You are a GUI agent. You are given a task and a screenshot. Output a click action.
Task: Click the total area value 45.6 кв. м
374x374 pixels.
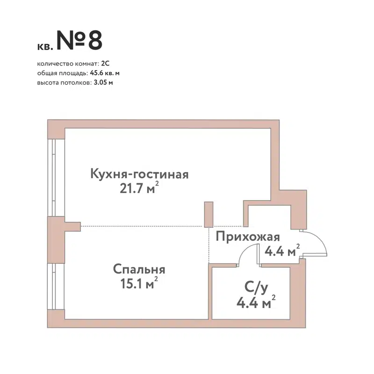pyautogui.click(x=106, y=73)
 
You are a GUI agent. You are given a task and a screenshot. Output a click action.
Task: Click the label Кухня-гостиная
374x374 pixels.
pyautogui.click(x=139, y=175)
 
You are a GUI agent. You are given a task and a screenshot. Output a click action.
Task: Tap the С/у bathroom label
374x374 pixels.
pyautogui.click(x=256, y=287)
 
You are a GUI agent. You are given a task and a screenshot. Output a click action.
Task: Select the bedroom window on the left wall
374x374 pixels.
pyautogui.click(x=53, y=286)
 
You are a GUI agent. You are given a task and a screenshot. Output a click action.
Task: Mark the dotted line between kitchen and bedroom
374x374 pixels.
pyautogui.click(x=140, y=227)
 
